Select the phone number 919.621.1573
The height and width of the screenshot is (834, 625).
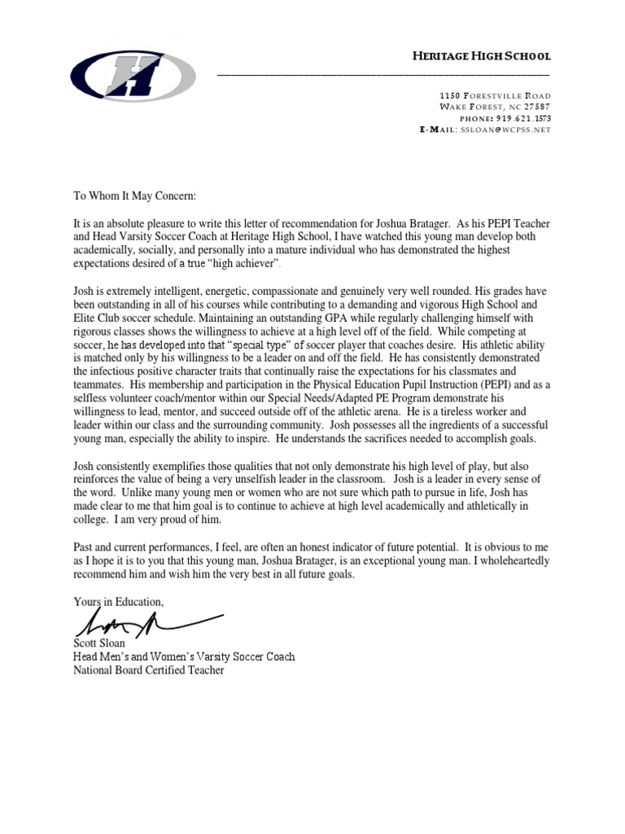tap(515, 118)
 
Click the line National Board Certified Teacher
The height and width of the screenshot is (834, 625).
tap(148, 670)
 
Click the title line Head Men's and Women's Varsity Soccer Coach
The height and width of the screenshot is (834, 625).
tap(184, 656)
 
